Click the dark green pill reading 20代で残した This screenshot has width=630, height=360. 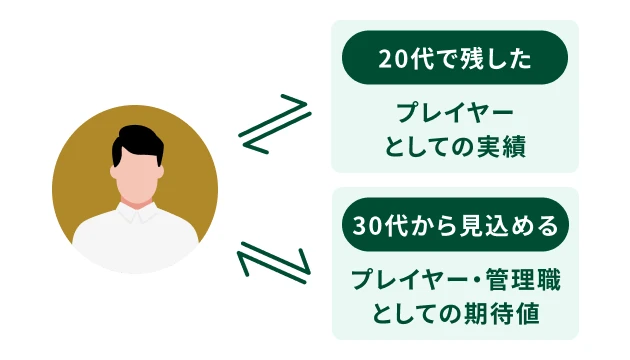[455, 58]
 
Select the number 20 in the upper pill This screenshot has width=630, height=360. [392, 58]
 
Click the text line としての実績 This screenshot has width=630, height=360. [455, 147]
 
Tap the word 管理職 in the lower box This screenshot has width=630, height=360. [524, 279]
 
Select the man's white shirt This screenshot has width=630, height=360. [135, 240]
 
